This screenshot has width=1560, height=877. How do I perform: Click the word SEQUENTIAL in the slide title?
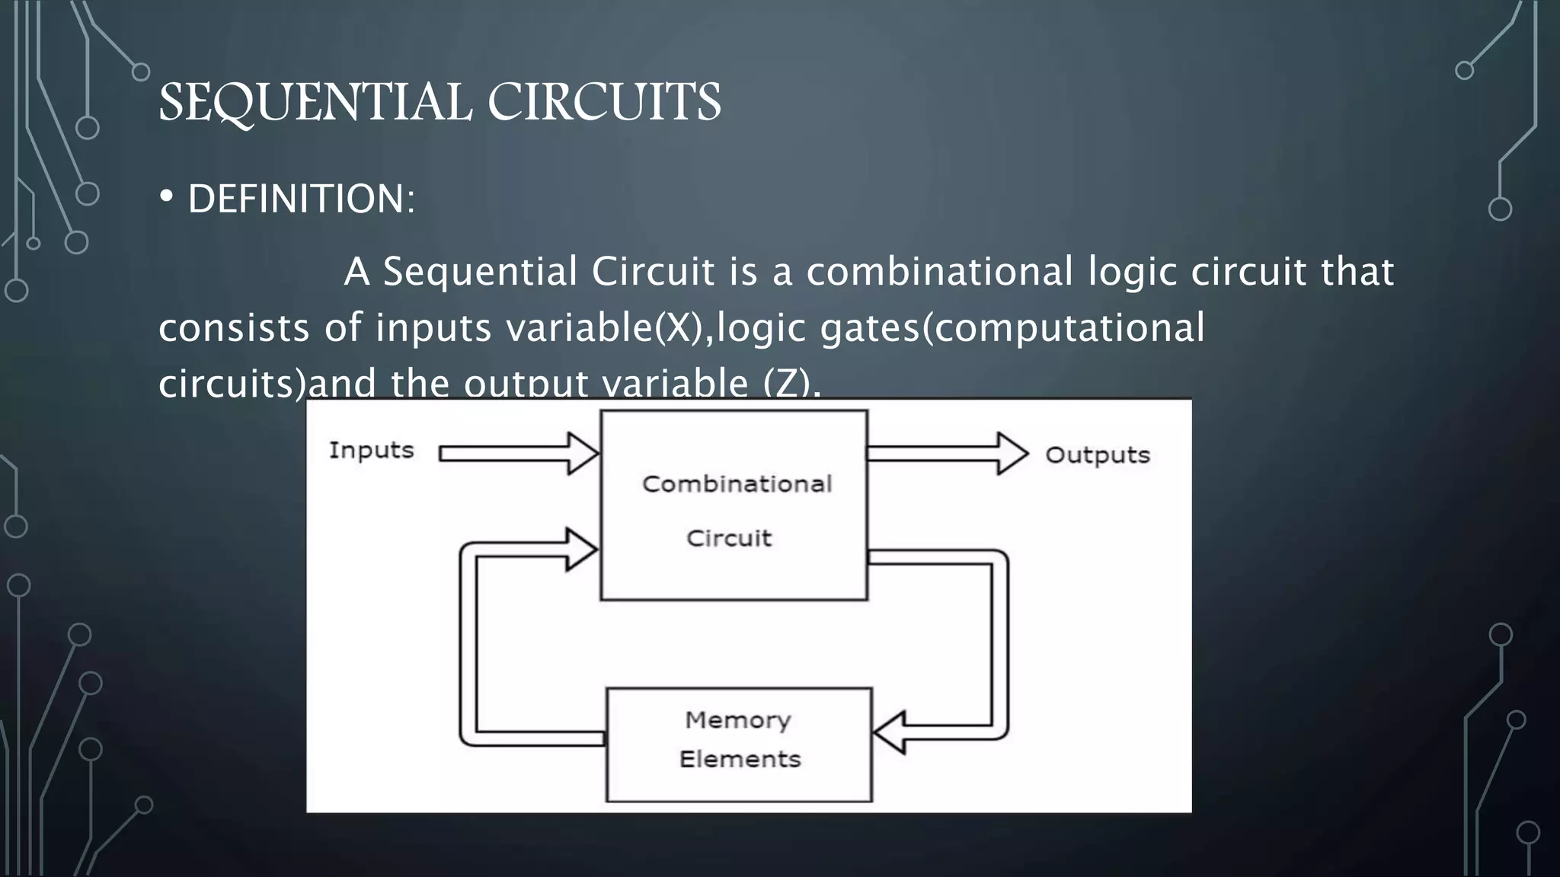tap(315, 102)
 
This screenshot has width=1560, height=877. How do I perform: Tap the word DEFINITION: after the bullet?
tap(302, 199)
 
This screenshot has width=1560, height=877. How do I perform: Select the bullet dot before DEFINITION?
tap(167, 197)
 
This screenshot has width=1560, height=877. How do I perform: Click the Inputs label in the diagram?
tap(371, 451)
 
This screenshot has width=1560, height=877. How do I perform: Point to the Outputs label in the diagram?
tap(1097, 455)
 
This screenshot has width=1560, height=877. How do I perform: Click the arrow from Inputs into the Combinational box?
tap(518, 454)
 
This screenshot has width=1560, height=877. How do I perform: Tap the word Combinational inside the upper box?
tap(737, 484)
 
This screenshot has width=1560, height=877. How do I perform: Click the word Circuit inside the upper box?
tap(729, 539)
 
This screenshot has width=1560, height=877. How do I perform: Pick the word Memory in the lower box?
tap(737, 720)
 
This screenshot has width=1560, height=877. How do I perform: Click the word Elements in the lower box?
tap(740, 760)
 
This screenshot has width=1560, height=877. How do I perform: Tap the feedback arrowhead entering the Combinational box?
tap(580, 550)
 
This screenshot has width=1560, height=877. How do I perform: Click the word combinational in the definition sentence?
tap(939, 272)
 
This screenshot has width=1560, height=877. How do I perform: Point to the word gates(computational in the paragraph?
tap(1012, 328)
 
